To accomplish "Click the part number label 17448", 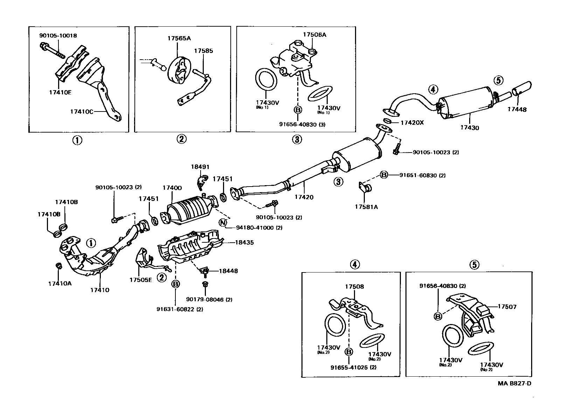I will coord(517,109).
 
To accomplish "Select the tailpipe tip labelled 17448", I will coord(522,88).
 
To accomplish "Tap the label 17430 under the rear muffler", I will coord(470,128).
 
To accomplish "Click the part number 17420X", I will coord(412,123).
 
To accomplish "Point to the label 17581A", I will coord(366,207).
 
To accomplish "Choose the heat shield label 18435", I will coord(244,242).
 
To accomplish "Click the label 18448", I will coord(228,271).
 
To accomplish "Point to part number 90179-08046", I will coord(209,299).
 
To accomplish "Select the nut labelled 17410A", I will coord(59,265).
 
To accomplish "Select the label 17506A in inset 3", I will coord(314,35).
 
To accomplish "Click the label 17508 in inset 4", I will coord(354,287).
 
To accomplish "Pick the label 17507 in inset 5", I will coord(507,307).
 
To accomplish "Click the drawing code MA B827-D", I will coord(514,383).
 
